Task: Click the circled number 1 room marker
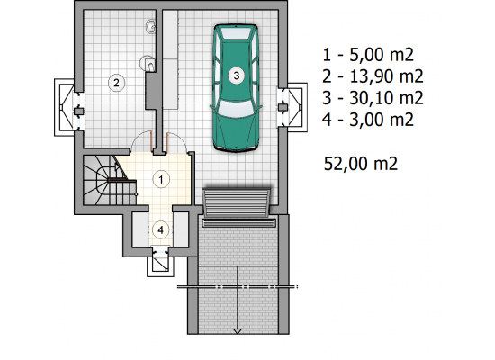[161, 179]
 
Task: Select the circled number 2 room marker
[116, 83]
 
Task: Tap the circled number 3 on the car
[237, 76]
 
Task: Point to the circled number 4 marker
[161, 229]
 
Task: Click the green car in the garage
[236, 88]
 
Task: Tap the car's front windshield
[236, 107]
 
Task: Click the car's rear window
[236, 32]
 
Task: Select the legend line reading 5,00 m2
[368, 55]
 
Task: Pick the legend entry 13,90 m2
[373, 76]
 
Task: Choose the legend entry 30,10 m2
[373, 98]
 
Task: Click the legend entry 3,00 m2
[368, 120]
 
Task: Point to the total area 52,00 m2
[361, 164]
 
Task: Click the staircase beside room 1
[110, 180]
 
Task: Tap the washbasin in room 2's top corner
[151, 26]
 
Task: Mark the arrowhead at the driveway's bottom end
[238, 331]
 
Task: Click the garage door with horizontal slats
[237, 203]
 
